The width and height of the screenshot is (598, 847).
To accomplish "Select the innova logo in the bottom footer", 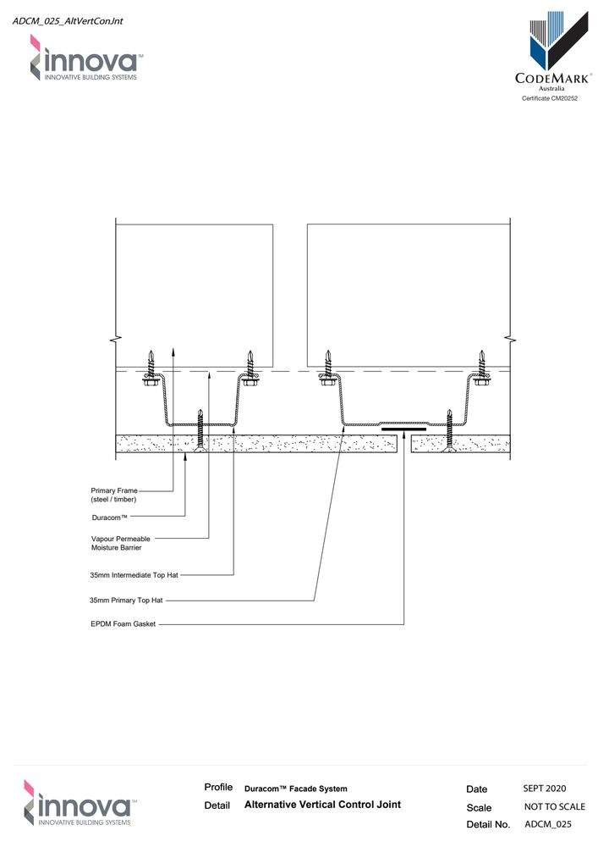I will pyautogui.click(x=78, y=802).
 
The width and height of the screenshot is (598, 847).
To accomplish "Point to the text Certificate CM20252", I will pyautogui.click(x=553, y=99).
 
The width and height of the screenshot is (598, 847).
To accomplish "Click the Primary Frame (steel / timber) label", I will pyautogui.click(x=113, y=495).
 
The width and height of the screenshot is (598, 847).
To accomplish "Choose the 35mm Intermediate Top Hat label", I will pyautogui.click(x=133, y=575).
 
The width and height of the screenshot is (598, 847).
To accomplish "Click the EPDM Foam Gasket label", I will pyautogui.click(x=122, y=625).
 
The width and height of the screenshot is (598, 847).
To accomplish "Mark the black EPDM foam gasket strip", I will pyautogui.click(x=403, y=430).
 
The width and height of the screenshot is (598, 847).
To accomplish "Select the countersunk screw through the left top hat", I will pyautogui.click(x=200, y=432).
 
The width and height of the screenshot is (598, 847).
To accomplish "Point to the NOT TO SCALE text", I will pyautogui.click(x=554, y=806).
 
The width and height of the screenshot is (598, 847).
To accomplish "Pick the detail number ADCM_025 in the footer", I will pyautogui.click(x=548, y=824).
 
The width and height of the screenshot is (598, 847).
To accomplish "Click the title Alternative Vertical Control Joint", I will pyautogui.click(x=322, y=805).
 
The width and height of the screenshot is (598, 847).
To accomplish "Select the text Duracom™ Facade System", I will pyautogui.click(x=295, y=789).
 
